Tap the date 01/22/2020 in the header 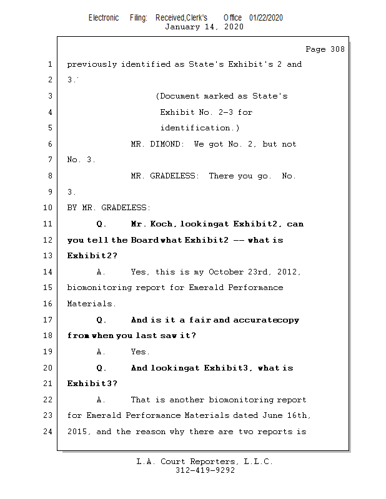265,17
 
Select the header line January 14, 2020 204,27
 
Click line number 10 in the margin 49,208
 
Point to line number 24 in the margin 49,432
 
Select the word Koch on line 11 160,224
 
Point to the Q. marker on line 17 102,320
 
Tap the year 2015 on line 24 77,432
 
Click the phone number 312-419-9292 204,470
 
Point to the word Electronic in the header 104,17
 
